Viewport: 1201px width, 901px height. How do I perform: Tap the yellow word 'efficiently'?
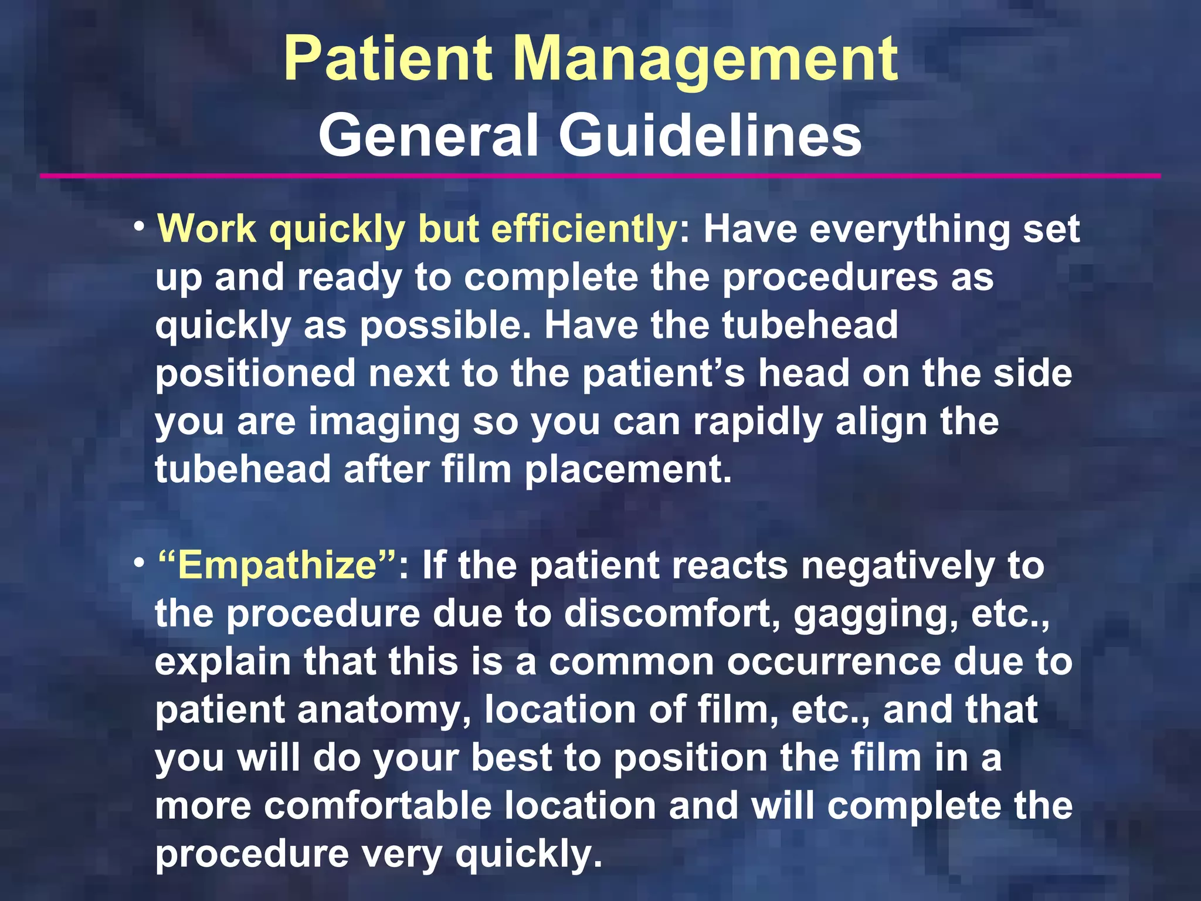point(584,229)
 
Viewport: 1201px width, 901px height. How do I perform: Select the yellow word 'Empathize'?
point(277,566)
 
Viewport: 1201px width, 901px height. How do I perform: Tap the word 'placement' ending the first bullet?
point(627,470)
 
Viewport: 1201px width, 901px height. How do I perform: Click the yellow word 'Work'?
point(207,229)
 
